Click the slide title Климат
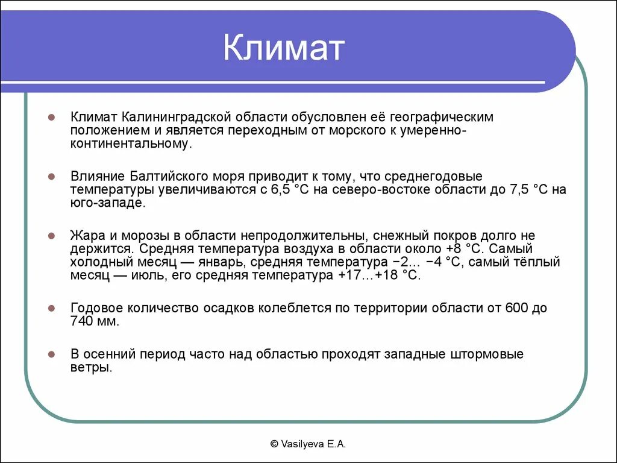[283, 48]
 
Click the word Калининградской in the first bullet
[179, 116]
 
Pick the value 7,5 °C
[525, 190]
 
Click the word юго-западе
[107, 204]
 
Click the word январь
[222, 262]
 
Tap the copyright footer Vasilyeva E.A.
[308, 444]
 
